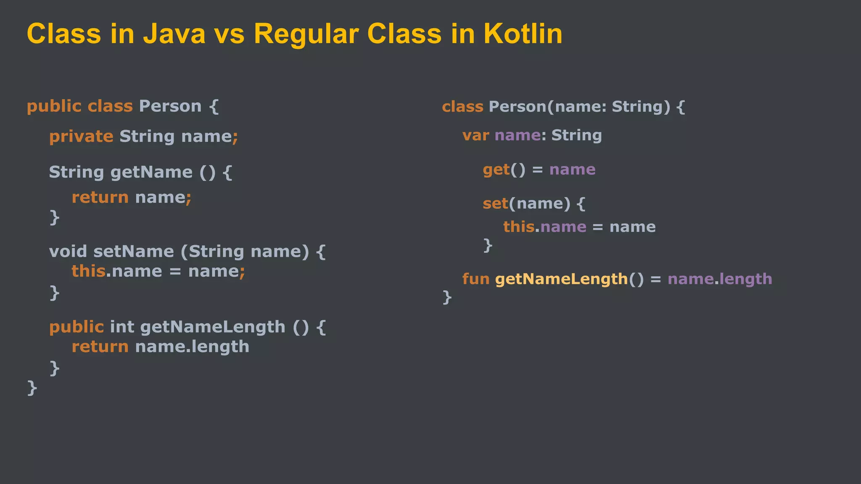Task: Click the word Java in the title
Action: (x=174, y=34)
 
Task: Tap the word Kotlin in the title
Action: (x=523, y=34)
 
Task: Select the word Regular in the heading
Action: (x=306, y=34)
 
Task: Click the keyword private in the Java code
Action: (x=81, y=137)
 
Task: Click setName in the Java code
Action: (x=133, y=252)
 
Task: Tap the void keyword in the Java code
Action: (x=68, y=252)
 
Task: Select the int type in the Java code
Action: (x=121, y=327)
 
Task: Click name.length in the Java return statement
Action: (x=192, y=347)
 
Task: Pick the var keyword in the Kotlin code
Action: (x=475, y=136)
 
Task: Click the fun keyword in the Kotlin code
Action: (x=475, y=279)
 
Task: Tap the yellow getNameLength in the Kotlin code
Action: (x=561, y=279)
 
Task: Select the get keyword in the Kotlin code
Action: (x=496, y=170)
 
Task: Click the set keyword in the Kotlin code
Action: (x=495, y=204)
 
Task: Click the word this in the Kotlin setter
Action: (x=518, y=227)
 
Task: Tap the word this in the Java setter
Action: (x=88, y=271)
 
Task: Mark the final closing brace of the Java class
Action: (x=32, y=387)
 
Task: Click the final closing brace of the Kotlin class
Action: (x=447, y=297)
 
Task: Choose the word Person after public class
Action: (x=170, y=106)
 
